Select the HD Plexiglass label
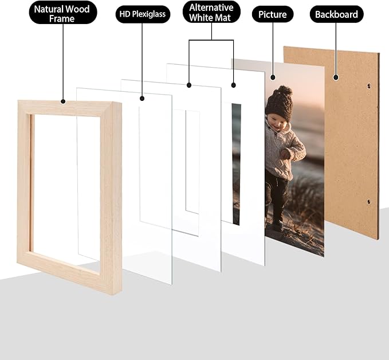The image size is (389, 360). tap(143, 14)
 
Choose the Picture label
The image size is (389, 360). tap(273, 14)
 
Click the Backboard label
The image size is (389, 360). tap(336, 15)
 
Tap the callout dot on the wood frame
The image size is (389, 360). tap(63, 102)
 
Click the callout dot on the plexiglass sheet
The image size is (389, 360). tap(142, 99)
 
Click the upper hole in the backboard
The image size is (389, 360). tap(369, 87)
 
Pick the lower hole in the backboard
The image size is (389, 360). tap(368, 202)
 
